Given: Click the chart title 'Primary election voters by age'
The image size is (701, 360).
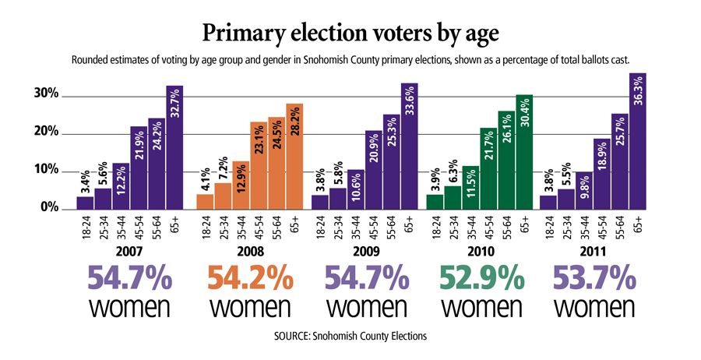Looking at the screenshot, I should pyautogui.click(x=350, y=33).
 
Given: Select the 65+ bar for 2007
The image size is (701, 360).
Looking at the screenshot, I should pyautogui.click(x=174, y=148).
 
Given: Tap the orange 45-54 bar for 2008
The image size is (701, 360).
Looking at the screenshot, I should pyautogui.click(x=258, y=166).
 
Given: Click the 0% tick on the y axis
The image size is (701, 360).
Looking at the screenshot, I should pyautogui.click(x=48, y=208).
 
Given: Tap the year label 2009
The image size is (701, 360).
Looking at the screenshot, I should pyautogui.click(x=365, y=253).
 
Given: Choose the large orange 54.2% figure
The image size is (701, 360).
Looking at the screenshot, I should pyautogui.click(x=250, y=279).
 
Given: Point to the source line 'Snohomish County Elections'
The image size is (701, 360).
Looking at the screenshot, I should pyautogui.click(x=350, y=337).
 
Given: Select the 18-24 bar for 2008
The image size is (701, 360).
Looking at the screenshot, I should pyautogui.click(x=204, y=202).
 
